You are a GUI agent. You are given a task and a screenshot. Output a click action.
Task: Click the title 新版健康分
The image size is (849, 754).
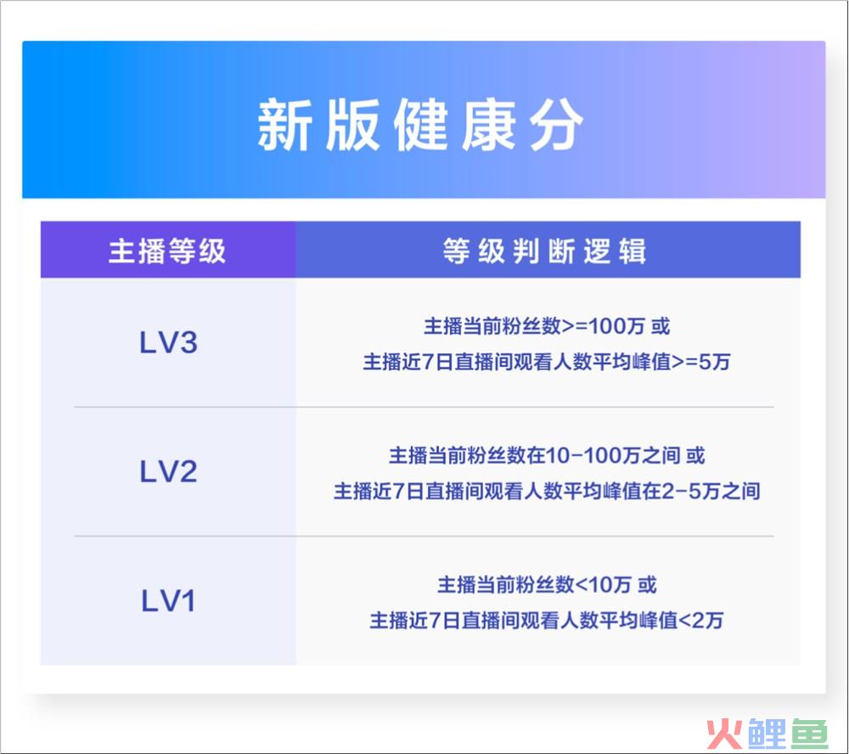419,125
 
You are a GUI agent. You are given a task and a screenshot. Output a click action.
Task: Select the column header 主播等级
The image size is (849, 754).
167,250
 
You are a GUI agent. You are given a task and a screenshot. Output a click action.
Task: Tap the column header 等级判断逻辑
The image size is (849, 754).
545,250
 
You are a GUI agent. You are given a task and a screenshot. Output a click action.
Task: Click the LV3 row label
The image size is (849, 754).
168,342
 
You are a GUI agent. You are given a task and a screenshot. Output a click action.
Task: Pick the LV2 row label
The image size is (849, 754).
168,471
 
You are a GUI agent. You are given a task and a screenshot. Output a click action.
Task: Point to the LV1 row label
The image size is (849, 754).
168,600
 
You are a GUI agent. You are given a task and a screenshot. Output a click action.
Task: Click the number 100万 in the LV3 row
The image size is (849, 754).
616,326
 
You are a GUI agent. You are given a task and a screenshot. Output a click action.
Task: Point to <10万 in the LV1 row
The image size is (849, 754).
603,585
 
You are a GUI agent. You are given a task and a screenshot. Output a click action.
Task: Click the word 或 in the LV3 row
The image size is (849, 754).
661,326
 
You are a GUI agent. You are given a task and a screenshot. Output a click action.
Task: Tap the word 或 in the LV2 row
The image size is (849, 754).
696,455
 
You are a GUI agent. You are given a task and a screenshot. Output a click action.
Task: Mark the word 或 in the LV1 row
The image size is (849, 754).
647,585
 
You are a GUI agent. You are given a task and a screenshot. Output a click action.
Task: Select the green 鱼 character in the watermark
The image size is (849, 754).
809,734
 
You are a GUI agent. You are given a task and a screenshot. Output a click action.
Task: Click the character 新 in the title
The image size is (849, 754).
284,125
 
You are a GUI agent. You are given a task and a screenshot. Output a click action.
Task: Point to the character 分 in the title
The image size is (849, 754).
557,125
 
